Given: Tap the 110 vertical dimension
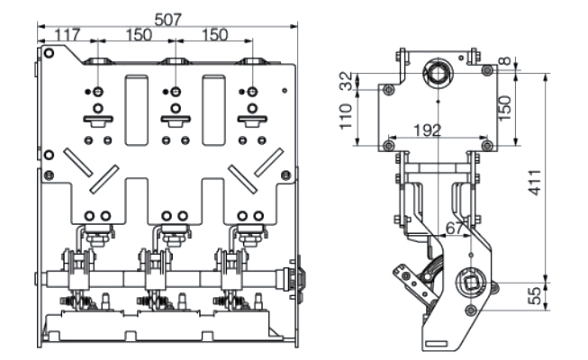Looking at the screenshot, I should coord(347,117).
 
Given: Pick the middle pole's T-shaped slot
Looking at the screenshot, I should coord(172,120).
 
